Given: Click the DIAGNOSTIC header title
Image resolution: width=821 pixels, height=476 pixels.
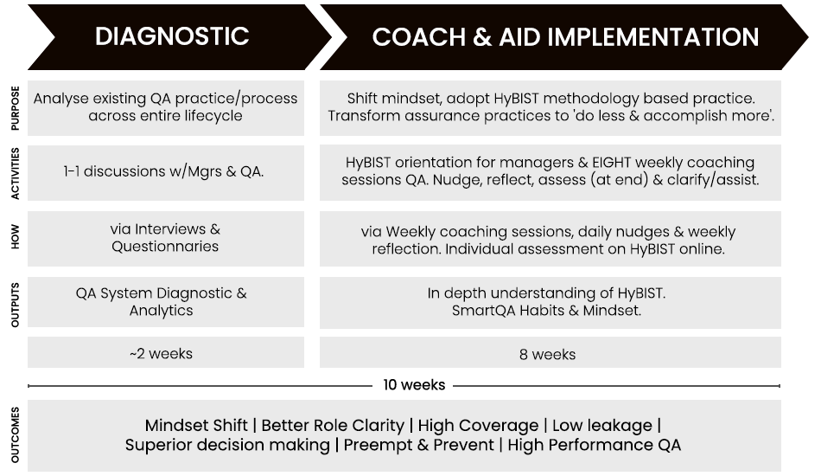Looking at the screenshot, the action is pos(172,36).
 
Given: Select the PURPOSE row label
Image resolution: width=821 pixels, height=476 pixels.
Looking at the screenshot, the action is pos(16,108).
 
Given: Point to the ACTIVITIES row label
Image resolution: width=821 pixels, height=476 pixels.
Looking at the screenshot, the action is pos(16,173).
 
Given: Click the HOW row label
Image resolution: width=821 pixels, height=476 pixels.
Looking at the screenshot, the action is pos(16,237).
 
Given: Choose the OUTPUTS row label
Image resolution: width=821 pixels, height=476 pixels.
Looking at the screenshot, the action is pos(16,306).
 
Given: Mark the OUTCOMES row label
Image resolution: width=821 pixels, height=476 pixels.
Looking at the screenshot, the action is pos(16,435).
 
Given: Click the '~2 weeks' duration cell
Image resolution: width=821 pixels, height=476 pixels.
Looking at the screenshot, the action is pos(165,352).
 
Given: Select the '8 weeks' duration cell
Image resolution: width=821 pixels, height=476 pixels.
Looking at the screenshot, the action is pos(551,352).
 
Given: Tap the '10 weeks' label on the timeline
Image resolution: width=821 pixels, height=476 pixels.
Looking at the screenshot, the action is pos(414,385).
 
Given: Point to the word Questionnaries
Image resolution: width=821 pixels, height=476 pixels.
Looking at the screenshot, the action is pos(165,247).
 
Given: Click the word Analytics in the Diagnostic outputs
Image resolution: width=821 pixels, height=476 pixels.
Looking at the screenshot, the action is pos(162,311).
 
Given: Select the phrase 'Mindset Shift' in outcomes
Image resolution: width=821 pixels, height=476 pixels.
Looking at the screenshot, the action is pos(196,425).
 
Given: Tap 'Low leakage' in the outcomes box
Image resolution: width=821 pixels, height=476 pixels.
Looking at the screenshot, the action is pos(602,425).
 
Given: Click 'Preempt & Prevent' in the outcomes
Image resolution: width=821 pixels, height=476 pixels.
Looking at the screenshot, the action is pos(418,445).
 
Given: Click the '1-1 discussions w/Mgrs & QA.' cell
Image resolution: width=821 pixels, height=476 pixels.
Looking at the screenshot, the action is pos(163,171).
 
